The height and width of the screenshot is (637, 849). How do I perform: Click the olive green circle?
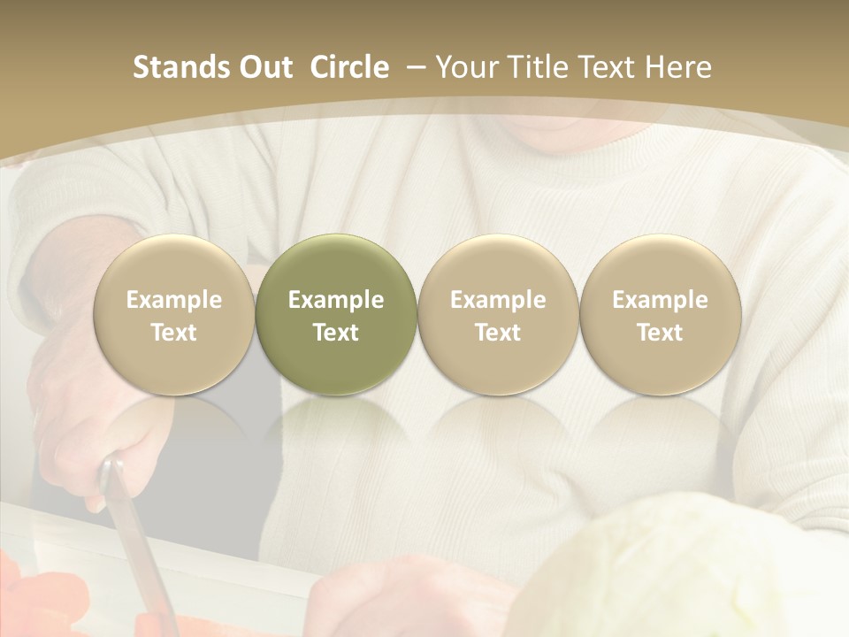(336, 315)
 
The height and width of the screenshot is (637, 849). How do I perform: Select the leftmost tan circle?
(173, 315)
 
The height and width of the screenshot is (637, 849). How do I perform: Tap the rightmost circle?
(660, 315)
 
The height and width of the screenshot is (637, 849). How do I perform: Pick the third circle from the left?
(498, 315)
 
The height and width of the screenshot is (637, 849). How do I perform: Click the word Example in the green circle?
(336, 300)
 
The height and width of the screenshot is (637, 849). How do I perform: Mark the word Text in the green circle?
(336, 333)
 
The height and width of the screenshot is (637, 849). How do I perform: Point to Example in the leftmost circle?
(173, 300)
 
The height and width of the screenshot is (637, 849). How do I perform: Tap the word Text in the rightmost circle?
(660, 333)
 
